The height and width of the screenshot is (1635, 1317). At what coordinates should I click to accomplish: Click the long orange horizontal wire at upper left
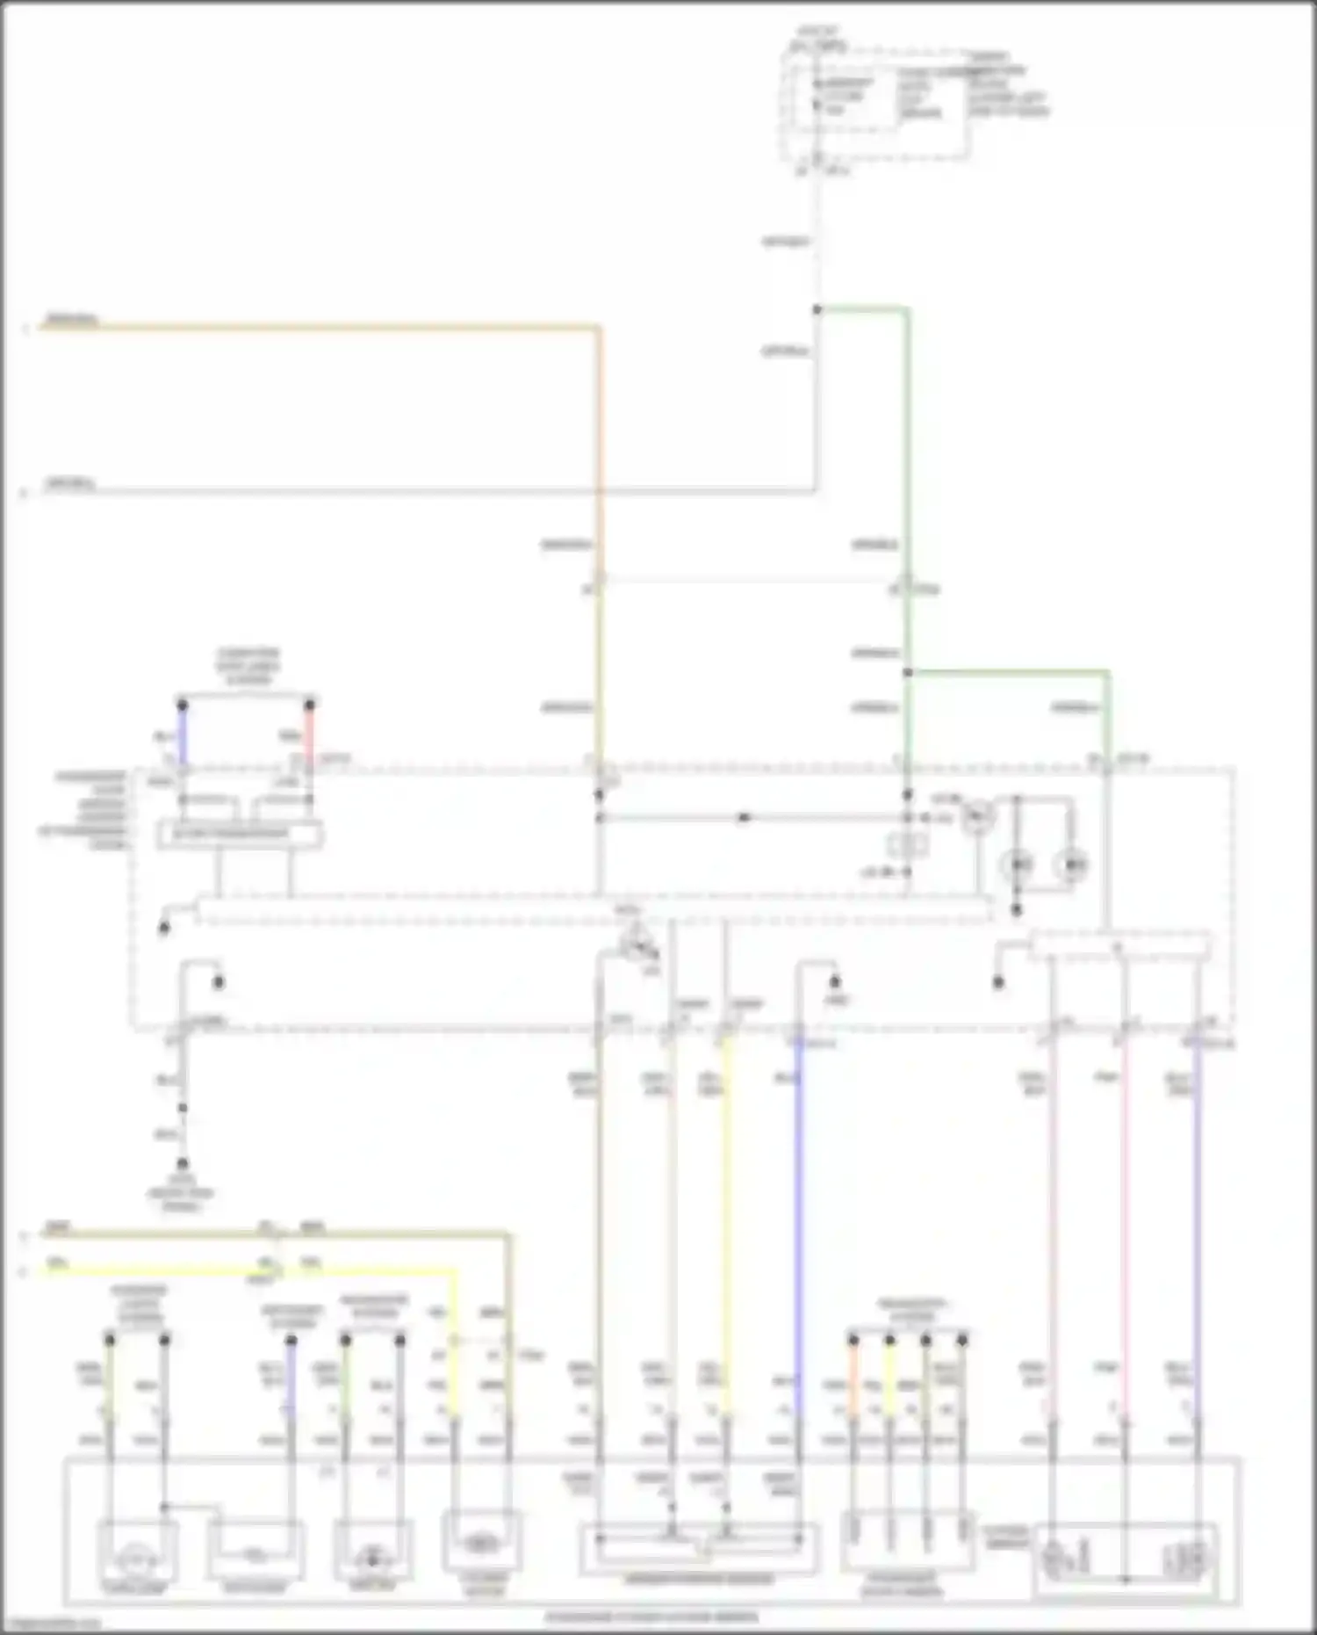(316, 328)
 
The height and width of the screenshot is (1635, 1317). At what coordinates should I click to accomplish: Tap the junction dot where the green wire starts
(817, 309)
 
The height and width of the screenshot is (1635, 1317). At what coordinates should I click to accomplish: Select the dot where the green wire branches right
(908, 673)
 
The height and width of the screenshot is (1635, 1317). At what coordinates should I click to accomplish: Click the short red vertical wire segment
(309, 734)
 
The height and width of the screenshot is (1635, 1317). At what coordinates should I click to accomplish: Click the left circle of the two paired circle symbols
(1018, 865)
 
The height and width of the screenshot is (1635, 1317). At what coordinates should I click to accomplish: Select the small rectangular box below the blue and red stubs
(239, 834)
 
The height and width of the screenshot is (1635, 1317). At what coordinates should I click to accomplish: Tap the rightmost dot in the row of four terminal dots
(962, 1340)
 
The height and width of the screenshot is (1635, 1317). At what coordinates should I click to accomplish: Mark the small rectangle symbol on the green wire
(908, 844)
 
